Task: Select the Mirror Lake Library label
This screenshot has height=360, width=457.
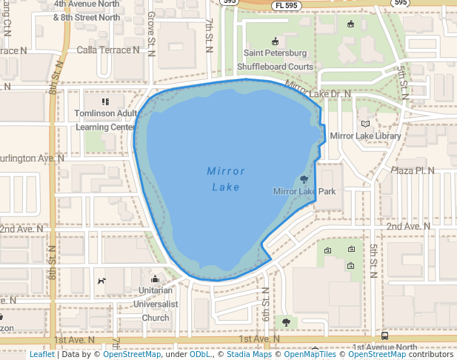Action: click(365, 136)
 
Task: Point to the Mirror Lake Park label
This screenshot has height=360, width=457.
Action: click(304, 192)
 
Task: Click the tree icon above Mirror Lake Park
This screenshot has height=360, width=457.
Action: click(304, 179)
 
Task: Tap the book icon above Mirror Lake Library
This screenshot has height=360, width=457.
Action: click(364, 124)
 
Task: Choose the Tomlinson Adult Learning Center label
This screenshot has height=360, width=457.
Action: click(106, 120)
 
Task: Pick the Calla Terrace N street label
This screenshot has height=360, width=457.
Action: click(108, 50)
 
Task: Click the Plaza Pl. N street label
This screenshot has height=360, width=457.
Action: click(413, 170)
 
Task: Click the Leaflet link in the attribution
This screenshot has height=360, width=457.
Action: click(42, 354)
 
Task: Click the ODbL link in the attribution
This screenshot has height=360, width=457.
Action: click(200, 354)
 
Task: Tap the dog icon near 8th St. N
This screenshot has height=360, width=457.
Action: click(101, 281)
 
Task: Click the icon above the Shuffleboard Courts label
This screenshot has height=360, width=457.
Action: click(276, 41)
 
